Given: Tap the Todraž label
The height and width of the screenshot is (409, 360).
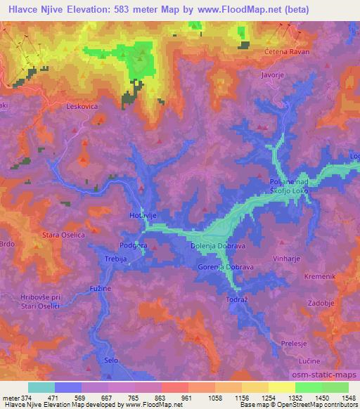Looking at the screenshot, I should (x=235, y=300).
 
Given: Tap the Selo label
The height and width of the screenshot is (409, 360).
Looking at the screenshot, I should (x=110, y=359).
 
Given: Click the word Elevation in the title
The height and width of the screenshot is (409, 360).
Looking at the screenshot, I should (x=90, y=9).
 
